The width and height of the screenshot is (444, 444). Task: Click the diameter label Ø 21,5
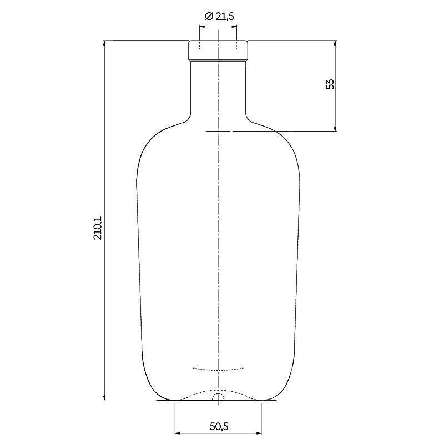click(219, 17)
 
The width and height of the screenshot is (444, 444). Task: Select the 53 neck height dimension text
click(330, 84)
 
